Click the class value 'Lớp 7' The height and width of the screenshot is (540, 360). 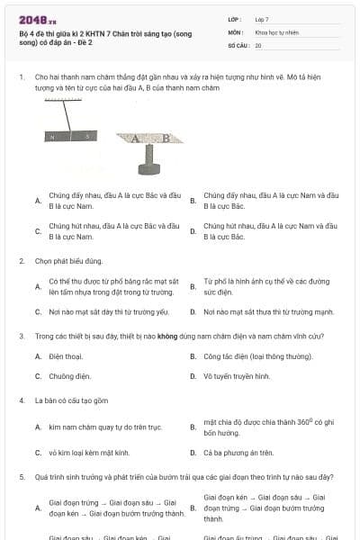tap(262, 18)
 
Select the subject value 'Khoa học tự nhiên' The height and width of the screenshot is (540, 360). tap(276, 31)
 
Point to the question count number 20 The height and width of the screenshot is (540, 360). tap(258, 44)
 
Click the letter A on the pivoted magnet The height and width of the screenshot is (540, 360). tap(136, 139)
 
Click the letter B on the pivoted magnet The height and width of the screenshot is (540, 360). tap(166, 139)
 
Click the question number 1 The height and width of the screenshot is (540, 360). tap(21, 78)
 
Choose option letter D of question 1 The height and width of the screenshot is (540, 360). tap(193, 231)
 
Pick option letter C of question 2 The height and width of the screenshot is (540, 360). tap(38, 312)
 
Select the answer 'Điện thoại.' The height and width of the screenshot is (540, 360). tap(67, 356)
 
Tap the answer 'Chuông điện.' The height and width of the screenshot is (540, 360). tap(70, 376)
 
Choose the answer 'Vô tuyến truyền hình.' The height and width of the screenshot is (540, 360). tap(237, 376)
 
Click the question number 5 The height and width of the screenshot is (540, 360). tap(21, 475)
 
